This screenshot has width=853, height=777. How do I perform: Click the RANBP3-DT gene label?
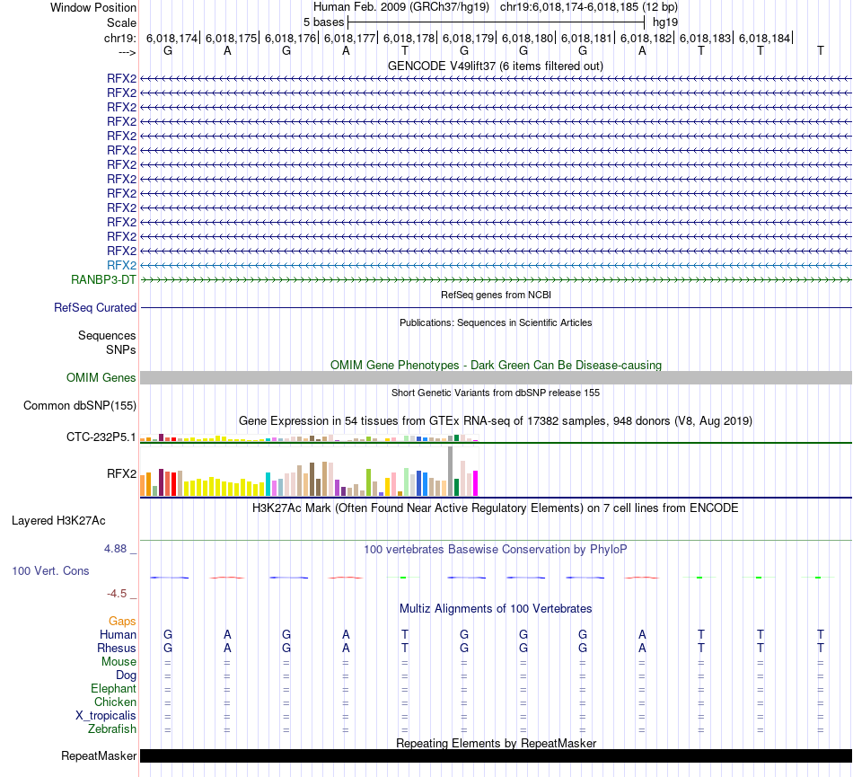click(x=103, y=279)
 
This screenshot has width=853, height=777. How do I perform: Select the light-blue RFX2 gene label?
click(x=121, y=265)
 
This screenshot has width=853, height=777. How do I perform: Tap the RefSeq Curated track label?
click(x=95, y=308)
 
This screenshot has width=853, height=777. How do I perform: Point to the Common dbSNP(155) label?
click(x=79, y=405)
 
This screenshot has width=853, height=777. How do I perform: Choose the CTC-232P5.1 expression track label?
click(x=101, y=437)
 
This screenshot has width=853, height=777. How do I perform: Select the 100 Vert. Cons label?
click(x=51, y=570)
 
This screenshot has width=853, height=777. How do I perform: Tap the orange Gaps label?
click(x=122, y=621)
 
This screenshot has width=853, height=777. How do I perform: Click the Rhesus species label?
click(x=117, y=648)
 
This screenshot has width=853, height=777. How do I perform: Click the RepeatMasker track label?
click(x=99, y=756)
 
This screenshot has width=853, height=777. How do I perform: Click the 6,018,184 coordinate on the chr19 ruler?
click(x=764, y=39)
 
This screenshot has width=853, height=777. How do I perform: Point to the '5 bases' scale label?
click(x=323, y=21)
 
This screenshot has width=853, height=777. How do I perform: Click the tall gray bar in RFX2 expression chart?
click(x=450, y=471)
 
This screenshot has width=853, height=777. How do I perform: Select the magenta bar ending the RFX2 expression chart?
click(x=475, y=483)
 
